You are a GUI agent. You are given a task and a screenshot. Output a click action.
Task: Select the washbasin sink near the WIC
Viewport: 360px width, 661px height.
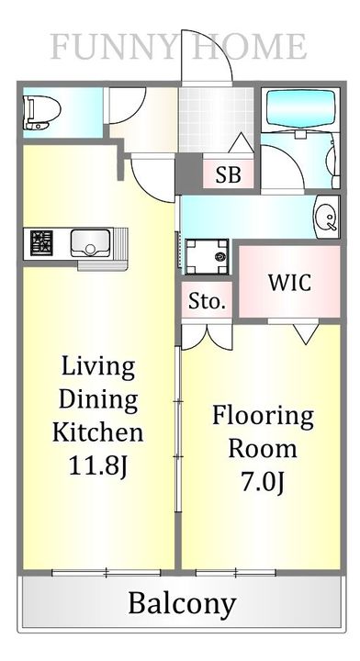pyautogui.click(x=326, y=217)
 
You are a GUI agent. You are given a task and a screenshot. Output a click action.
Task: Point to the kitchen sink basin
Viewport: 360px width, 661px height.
pyautogui.click(x=90, y=244)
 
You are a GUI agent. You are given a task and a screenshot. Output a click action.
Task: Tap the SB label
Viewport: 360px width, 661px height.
pyautogui.click(x=229, y=174)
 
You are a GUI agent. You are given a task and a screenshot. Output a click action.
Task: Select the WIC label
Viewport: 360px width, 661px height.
pyautogui.click(x=289, y=282)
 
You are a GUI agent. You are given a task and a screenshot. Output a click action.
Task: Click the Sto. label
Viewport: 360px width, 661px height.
pyautogui.click(x=207, y=301)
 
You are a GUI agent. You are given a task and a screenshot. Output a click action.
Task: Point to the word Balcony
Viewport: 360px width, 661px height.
pyautogui.click(x=181, y=603)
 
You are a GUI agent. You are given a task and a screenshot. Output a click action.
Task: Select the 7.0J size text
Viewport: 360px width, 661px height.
pyautogui.click(x=263, y=481)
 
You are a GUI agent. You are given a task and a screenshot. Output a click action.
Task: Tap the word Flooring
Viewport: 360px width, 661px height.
pyautogui.click(x=263, y=416)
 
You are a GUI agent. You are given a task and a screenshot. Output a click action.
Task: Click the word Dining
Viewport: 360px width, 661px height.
pyautogui.click(x=98, y=399)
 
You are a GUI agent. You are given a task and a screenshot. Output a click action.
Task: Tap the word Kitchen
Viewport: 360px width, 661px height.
pyautogui.click(x=97, y=431)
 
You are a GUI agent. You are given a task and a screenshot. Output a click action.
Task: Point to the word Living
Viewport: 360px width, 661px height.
pyautogui.click(x=98, y=367)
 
